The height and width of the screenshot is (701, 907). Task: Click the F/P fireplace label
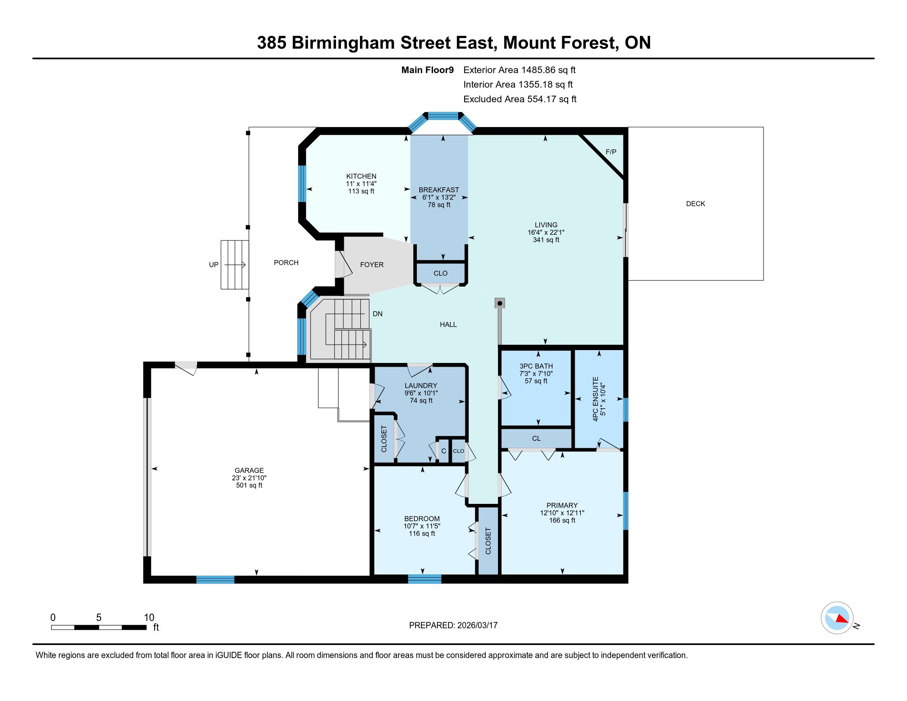click(611, 152)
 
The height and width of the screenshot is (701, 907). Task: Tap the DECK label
click(696, 203)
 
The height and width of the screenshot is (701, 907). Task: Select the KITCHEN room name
click(361, 176)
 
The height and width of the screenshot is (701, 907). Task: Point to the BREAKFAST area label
click(439, 190)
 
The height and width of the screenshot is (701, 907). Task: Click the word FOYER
click(372, 265)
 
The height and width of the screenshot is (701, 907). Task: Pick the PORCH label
click(286, 262)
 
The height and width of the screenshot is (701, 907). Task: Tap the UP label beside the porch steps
click(214, 265)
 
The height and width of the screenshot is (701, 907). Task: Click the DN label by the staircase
click(378, 314)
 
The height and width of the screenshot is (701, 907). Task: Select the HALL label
click(448, 325)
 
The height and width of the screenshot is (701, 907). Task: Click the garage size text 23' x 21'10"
click(249, 478)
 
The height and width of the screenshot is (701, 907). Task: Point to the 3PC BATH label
click(536, 366)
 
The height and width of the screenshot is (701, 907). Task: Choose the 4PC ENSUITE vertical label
click(596, 400)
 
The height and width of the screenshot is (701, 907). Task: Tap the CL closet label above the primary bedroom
click(536, 439)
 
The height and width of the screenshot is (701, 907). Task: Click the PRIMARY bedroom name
click(562, 506)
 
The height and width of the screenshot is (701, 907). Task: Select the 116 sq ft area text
click(422, 534)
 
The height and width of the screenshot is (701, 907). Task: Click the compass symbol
click(837, 618)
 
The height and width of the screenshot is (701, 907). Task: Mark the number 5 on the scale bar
click(99, 618)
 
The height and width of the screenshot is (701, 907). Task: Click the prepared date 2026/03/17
click(477, 626)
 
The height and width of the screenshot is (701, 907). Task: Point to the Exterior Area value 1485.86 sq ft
click(549, 70)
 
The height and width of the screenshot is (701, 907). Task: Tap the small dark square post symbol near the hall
click(500, 303)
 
